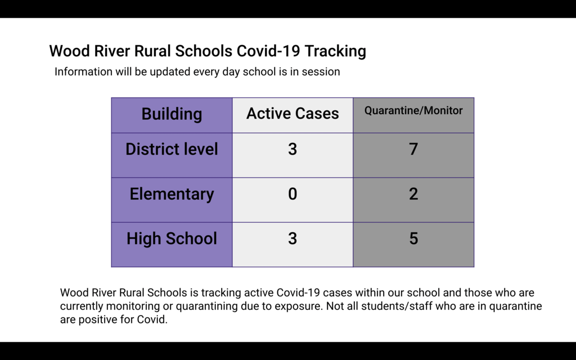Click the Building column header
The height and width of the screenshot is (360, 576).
point(172,114)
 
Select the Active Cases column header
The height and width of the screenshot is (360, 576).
point(292,114)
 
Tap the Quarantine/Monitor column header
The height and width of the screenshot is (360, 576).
point(413,111)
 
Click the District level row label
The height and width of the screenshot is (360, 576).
point(172,149)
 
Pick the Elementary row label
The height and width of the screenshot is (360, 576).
point(172,194)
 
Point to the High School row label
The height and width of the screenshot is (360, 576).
point(172,238)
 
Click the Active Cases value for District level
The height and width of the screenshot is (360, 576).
point(292,149)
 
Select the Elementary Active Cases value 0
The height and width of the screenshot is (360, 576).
point(292,194)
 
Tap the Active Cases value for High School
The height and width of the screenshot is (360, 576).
point(292,238)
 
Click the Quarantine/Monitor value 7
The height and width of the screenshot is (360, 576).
point(413,149)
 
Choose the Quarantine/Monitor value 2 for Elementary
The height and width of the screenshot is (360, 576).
point(413,194)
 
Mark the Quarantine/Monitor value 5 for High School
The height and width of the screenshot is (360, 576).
point(413,238)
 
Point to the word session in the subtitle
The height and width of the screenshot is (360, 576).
point(320,72)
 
